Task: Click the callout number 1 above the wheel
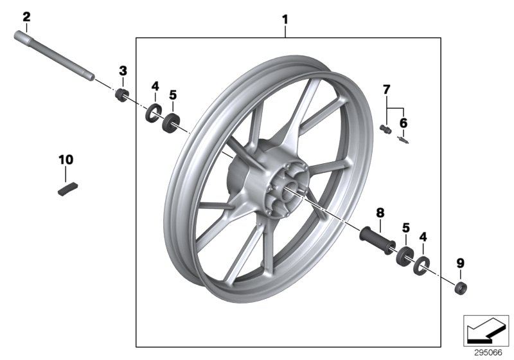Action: pos(285,20)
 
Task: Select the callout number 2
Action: pos(26,17)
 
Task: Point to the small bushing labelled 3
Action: pos(120,96)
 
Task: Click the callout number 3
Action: pos(123,70)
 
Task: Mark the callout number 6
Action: pos(403,122)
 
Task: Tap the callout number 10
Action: pos(66,159)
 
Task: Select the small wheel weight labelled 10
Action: pos(67,190)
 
